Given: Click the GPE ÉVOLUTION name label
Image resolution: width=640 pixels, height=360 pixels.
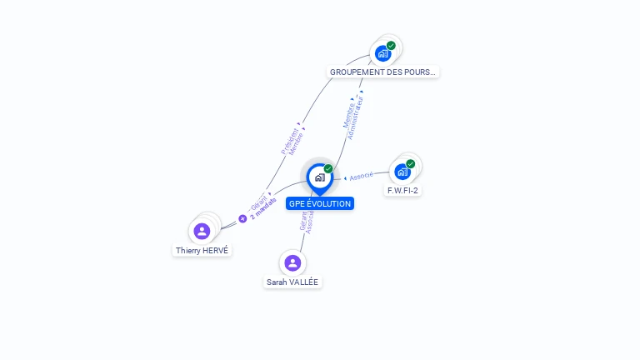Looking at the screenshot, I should [x=320, y=203].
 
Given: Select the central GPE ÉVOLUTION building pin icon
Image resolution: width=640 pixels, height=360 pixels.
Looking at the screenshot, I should [x=319, y=177].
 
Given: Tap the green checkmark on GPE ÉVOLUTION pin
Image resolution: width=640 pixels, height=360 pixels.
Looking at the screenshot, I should [x=328, y=168].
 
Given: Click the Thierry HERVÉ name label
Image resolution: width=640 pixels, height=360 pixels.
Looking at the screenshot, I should [x=202, y=250].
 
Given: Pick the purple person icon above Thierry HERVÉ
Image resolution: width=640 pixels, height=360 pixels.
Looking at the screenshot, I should [x=202, y=231].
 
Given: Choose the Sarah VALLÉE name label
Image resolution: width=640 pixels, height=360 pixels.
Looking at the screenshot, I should [x=292, y=282].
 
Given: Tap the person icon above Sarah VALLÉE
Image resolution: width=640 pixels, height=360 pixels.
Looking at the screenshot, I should [x=292, y=263].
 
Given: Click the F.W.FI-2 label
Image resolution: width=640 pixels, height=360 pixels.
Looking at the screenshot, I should [x=402, y=191].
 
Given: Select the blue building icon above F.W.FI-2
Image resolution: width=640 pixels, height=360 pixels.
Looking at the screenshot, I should [x=402, y=172].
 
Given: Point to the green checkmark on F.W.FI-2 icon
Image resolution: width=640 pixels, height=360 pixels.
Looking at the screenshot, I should [x=411, y=163].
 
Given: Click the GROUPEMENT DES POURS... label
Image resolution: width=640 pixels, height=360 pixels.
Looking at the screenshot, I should [x=382, y=72].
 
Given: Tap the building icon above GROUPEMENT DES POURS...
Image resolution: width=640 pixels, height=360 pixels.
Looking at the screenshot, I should [x=382, y=53].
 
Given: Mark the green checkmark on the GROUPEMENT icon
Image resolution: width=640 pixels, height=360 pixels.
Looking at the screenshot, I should [x=391, y=45].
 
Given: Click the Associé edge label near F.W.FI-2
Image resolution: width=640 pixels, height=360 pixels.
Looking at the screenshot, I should [x=360, y=177].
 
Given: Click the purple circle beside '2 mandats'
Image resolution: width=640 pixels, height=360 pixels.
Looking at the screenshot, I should [x=242, y=218].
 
